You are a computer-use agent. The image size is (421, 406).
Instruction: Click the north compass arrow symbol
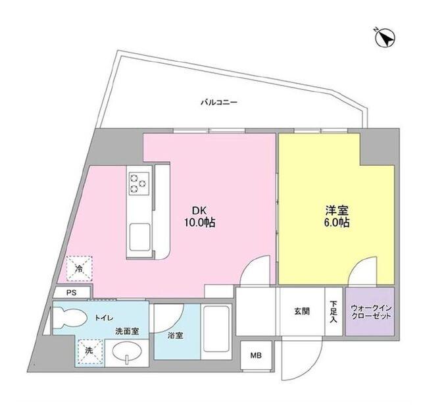(x=385, y=38)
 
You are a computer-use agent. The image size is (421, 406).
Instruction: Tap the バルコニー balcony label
(x=219, y=102)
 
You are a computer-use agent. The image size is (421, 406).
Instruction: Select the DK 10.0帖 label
(x=199, y=216)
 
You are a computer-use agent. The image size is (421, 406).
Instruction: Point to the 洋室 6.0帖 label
(x=337, y=216)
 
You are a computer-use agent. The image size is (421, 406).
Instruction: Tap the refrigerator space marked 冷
(x=79, y=268)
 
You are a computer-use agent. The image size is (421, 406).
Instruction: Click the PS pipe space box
(x=72, y=292)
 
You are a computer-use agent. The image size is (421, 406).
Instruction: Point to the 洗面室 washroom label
(x=127, y=332)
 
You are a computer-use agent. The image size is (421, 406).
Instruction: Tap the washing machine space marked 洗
(x=89, y=351)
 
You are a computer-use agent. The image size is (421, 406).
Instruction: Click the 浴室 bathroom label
(x=176, y=336)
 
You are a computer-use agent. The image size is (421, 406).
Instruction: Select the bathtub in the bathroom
(x=216, y=332)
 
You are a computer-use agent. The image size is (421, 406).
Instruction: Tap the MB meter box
(x=256, y=355)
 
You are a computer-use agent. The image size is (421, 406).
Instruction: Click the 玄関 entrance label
(x=302, y=311)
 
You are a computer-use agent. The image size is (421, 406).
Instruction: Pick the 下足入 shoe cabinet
(x=334, y=311)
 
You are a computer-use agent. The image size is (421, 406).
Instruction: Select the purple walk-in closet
(x=370, y=311)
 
